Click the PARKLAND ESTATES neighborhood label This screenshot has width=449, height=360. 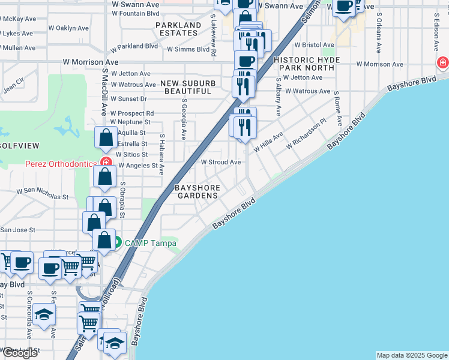(x=178, y=29)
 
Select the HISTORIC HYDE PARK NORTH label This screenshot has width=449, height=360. (x=307, y=64)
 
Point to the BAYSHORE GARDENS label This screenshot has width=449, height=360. (x=197, y=192)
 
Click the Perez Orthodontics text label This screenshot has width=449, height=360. (x=60, y=164)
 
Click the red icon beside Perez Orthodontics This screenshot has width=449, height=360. (x=106, y=162)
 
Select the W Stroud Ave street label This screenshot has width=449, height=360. (x=220, y=162)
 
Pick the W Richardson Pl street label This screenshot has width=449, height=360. (x=306, y=137)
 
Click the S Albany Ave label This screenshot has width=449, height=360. (x=278, y=96)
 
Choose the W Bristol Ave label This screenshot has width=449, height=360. (x=314, y=45)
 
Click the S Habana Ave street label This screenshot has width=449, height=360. (x=161, y=154)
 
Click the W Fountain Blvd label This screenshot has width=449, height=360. (x=136, y=13)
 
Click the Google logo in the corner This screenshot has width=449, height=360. (x=20, y=353)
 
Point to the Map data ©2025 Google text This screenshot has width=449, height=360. (x=412, y=355)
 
